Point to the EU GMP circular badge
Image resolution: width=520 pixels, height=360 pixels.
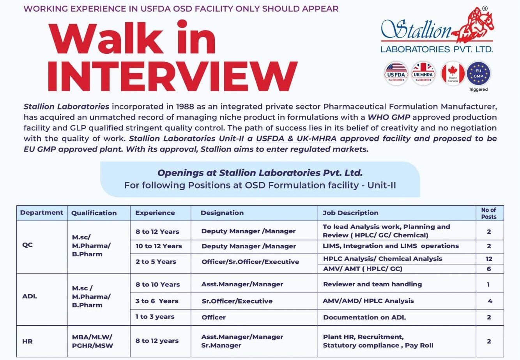pyautogui.click(x=478, y=73)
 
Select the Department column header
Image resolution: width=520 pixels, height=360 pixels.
pyautogui.click(x=42, y=213)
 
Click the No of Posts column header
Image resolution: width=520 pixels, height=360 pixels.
pyautogui.click(x=489, y=213)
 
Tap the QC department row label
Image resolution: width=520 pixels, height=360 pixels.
pyautogui.click(x=28, y=245)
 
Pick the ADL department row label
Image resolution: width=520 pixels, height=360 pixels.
pyautogui.click(x=30, y=296)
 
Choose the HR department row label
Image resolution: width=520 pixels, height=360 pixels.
pyautogui.click(x=27, y=341)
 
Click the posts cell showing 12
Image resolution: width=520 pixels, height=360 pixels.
pyautogui.click(x=489, y=259)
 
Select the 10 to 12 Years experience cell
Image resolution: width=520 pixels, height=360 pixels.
pyautogui.click(x=159, y=246)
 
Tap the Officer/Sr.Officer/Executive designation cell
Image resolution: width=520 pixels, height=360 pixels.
pyautogui.click(x=250, y=262)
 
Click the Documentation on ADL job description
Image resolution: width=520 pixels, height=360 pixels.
pyautogui.click(x=364, y=317)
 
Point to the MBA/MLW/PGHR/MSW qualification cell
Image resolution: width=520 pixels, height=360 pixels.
pyautogui.click(x=92, y=341)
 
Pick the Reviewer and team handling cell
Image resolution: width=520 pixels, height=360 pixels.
pyautogui.click(x=372, y=284)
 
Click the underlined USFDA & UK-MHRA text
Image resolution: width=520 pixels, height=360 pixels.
pyautogui.click(x=296, y=138)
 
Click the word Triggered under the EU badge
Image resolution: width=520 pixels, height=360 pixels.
pyautogui.click(x=478, y=89)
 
